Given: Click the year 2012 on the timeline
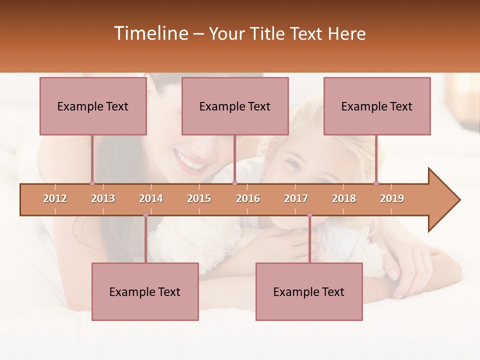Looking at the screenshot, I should tap(55, 198).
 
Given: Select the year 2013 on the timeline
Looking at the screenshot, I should tap(103, 198).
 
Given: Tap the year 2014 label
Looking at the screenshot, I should tap(151, 198).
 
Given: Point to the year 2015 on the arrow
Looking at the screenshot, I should tap(199, 198).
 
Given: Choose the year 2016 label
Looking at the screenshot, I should tap(248, 198).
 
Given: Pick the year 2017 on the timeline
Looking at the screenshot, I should tap(296, 198).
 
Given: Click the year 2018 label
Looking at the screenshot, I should tap(344, 198).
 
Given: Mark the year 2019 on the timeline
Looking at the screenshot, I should tap(392, 198).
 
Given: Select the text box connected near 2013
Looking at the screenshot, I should tap(93, 106).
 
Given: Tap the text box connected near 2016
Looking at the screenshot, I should tap(235, 106).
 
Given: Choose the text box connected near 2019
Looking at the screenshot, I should tap(377, 106).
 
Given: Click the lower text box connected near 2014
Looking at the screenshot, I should tap(145, 291).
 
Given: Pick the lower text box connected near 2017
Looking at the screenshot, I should tap(309, 291).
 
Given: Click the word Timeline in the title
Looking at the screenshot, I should tap(149, 33).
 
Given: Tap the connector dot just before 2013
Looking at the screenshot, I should tap(92, 183).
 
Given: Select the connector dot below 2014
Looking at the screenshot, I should tap(145, 215).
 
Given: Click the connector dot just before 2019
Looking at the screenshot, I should tap(376, 183).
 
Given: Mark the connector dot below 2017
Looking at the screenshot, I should tap(309, 215).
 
